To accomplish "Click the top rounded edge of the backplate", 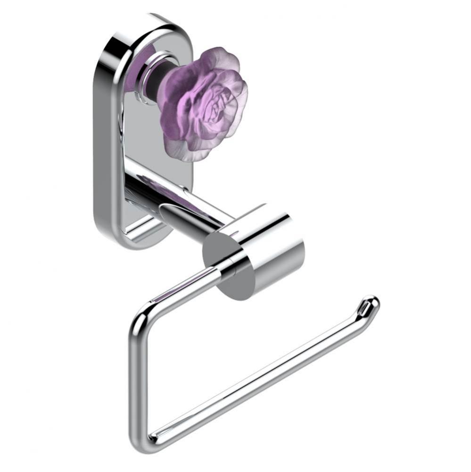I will tap(141, 21).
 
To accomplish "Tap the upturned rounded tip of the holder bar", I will tap(372, 302).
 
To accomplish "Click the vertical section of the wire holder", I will tap(135, 378).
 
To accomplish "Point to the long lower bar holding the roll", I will tap(259, 378).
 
